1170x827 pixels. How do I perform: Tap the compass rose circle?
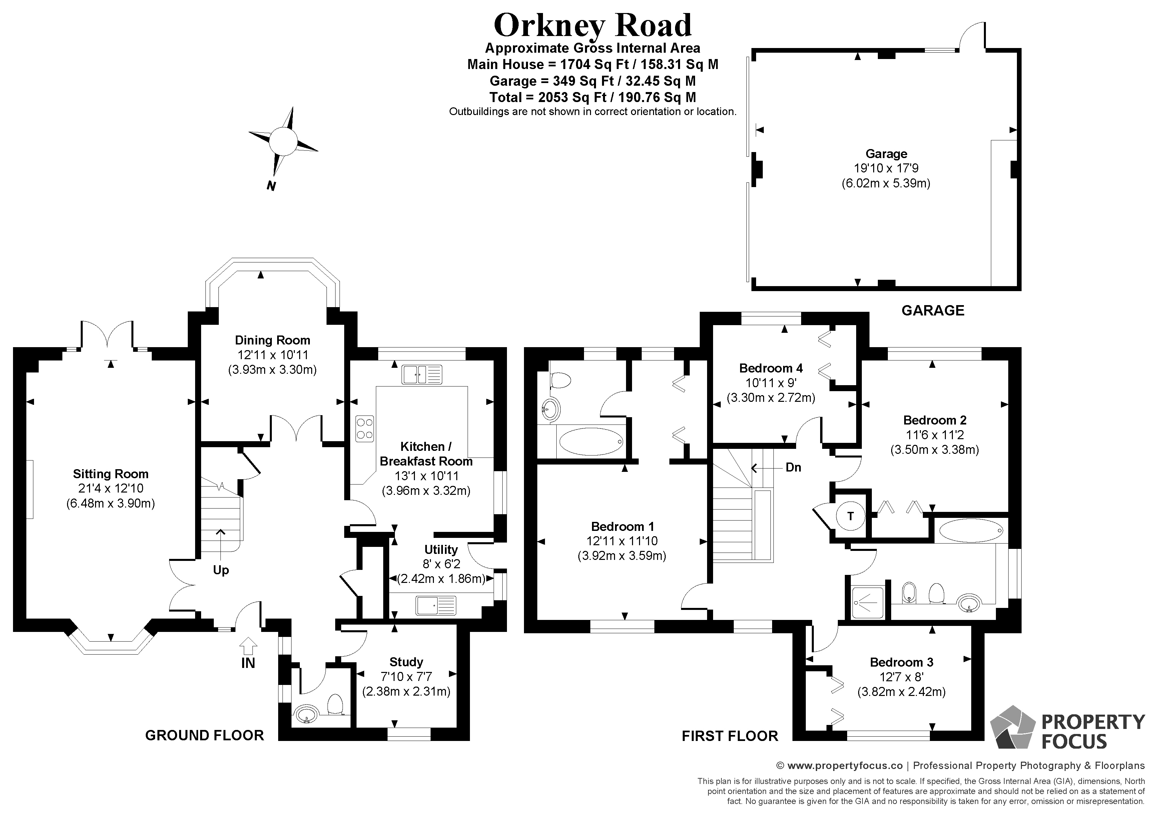pyautogui.click(x=283, y=140)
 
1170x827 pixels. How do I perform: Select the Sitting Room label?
pyautogui.click(x=111, y=474)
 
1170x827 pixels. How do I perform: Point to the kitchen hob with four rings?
pyautogui.click(x=364, y=428)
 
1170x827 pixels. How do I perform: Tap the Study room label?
pyautogui.click(x=406, y=662)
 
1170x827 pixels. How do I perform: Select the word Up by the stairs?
pyautogui.click(x=221, y=570)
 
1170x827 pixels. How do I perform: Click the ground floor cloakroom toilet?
pyautogui.click(x=335, y=705)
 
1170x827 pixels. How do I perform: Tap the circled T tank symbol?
pyautogui.click(x=850, y=516)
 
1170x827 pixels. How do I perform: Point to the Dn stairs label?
pyautogui.click(x=793, y=467)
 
